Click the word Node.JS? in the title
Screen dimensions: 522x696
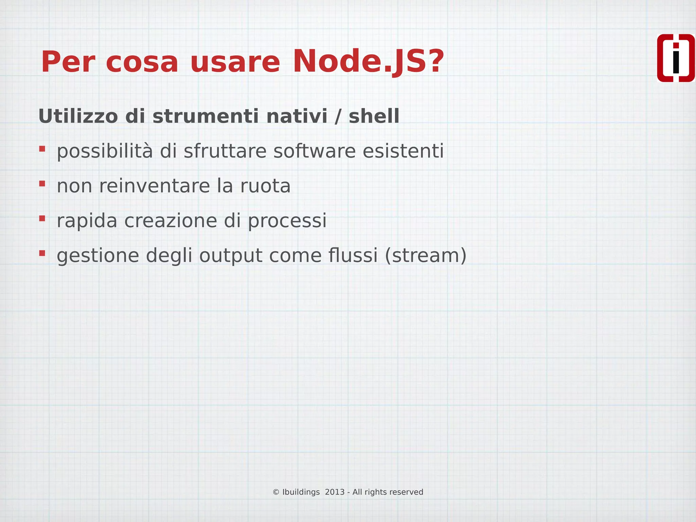pos(368,62)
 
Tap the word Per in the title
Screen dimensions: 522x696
pos(67,62)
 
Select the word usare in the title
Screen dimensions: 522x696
pos(235,62)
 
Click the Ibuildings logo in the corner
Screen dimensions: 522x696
pos(676,58)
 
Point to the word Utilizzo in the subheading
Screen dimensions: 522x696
pos(78,116)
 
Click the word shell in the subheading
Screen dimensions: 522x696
pos(374,116)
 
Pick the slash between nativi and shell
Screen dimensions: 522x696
pos(338,116)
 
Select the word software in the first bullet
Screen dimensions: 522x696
pos(314,151)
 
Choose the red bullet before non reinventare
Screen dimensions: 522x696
pos(42,184)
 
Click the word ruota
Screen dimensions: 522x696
pos(265,186)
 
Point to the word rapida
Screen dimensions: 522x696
pos(87,221)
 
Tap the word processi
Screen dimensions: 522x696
pos(287,221)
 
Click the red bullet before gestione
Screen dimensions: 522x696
pos(42,253)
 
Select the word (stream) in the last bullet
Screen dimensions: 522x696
pos(425,256)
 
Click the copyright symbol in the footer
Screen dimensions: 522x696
pos(276,492)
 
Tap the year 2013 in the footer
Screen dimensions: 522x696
pos(335,492)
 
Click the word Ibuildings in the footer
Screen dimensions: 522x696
pos(301,492)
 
